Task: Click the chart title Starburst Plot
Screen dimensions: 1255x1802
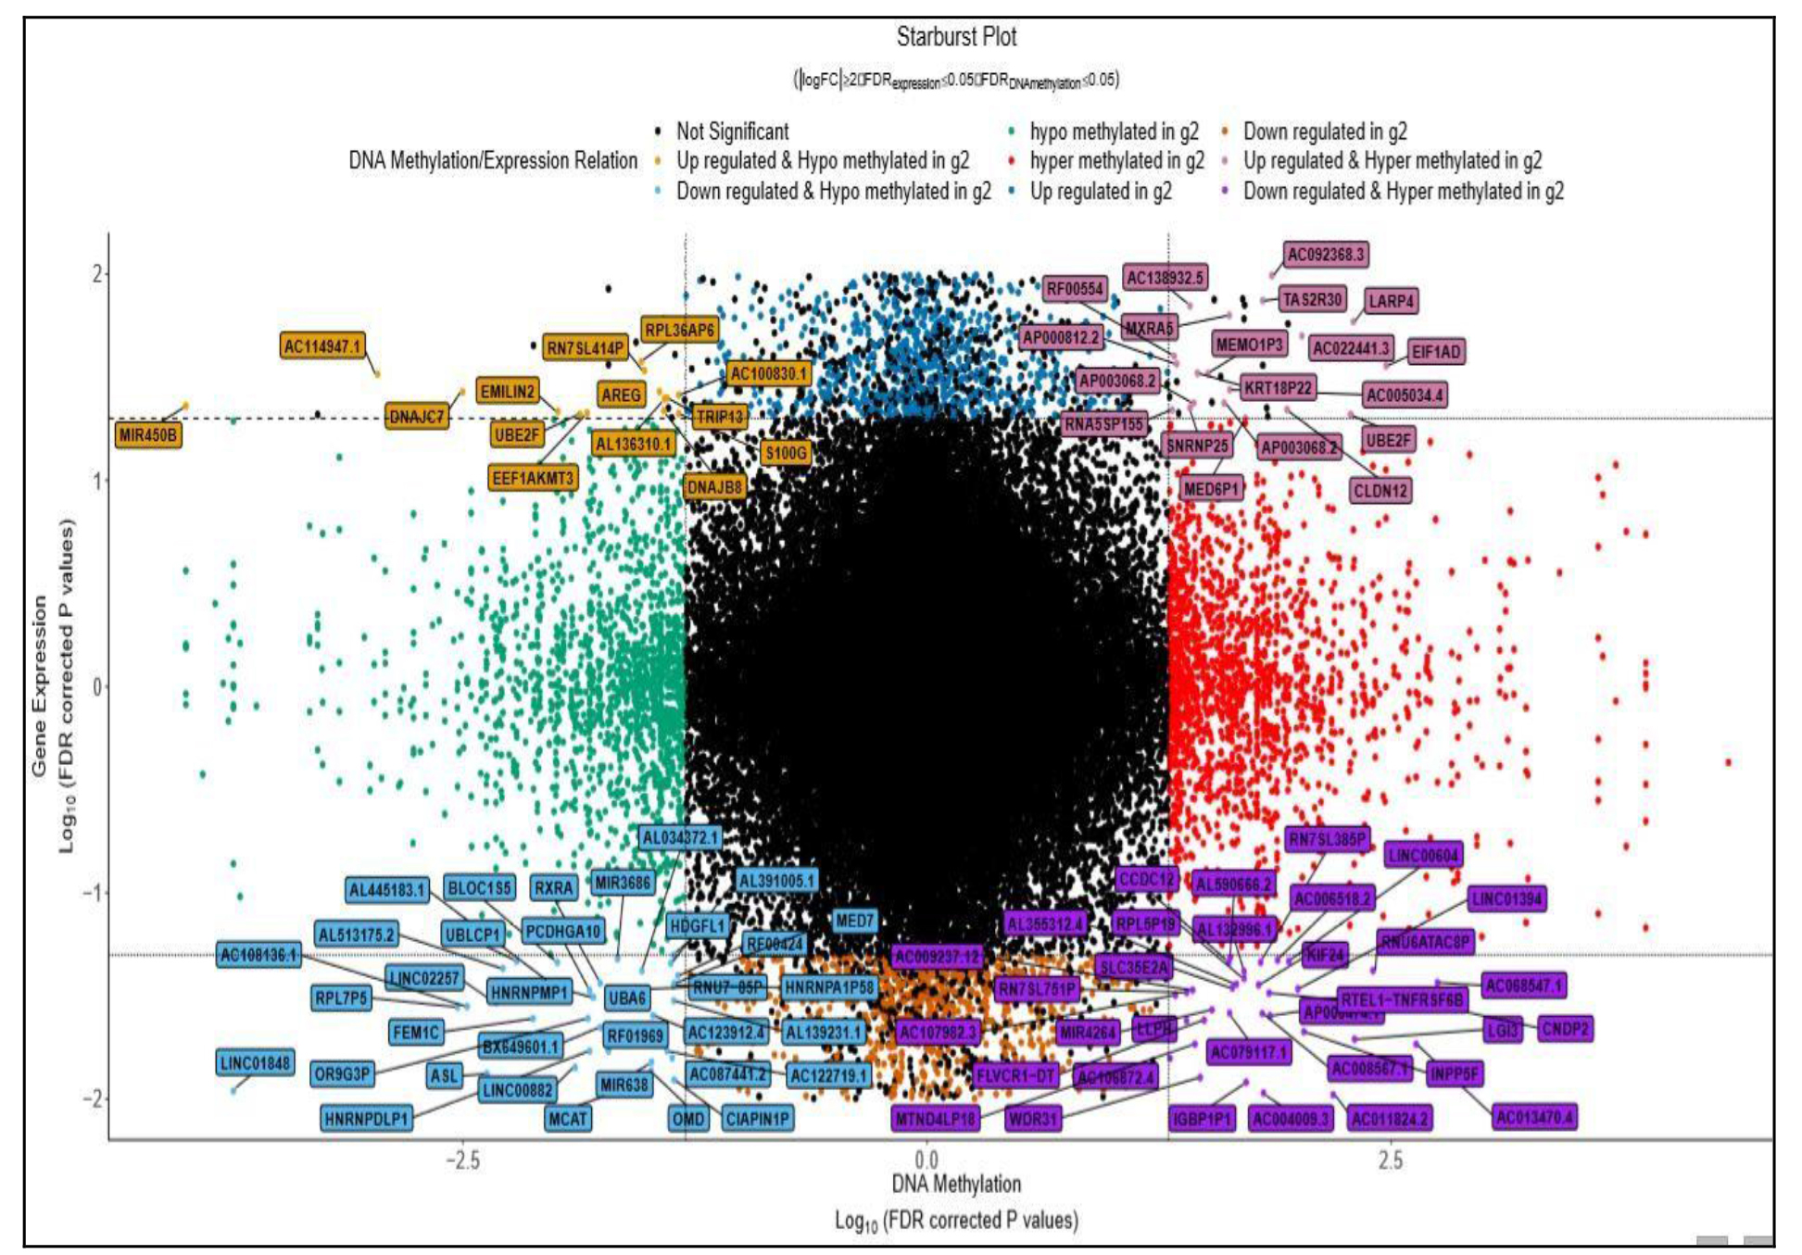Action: click(x=956, y=37)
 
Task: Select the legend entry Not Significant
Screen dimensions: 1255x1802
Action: click(x=732, y=132)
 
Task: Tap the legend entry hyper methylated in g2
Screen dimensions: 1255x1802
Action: click(x=1116, y=161)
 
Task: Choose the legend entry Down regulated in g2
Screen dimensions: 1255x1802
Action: click(x=1325, y=132)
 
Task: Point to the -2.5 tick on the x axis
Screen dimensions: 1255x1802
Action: click(x=462, y=1161)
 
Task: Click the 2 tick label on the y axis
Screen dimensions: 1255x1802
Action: click(x=96, y=274)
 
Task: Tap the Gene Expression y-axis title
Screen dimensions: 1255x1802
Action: click(x=39, y=685)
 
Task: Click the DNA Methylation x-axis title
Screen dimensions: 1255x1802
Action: click(x=956, y=1184)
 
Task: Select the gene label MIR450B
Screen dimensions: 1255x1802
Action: click(x=148, y=434)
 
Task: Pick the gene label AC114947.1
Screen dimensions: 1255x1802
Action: click(x=322, y=346)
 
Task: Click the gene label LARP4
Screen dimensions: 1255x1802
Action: click(x=1391, y=301)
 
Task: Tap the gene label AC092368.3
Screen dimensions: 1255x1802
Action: click(x=1326, y=255)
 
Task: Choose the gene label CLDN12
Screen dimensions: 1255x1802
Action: click(x=1380, y=491)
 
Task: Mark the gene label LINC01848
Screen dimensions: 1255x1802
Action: click(x=255, y=1062)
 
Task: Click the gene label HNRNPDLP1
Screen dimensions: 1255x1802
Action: click(x=367, y=1119)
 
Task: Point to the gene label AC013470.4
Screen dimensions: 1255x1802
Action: click(x=1535, y=1117)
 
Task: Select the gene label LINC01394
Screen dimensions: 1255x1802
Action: click(x=1506, y=898)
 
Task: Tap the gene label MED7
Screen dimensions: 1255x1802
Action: click(x=854, y=921)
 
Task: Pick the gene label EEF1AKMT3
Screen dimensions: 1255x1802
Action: click(x=533, y=478)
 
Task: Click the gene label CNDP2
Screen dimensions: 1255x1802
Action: click(x=1565, y=1029)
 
